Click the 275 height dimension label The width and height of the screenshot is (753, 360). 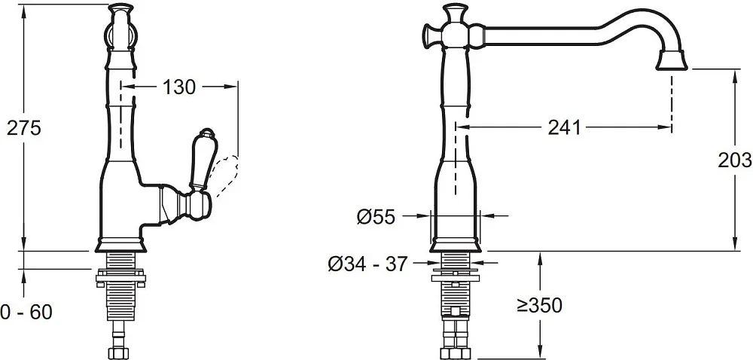click(23, 128)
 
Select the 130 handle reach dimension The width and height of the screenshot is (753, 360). click(179, 87)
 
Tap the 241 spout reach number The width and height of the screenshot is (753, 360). click(564, 128)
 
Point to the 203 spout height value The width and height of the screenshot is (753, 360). click(735, 160)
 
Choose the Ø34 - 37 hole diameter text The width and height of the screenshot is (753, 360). click(368, 264)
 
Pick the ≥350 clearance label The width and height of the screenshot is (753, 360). click(539, 305)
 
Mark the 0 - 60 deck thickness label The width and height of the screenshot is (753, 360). click(26, 313)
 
